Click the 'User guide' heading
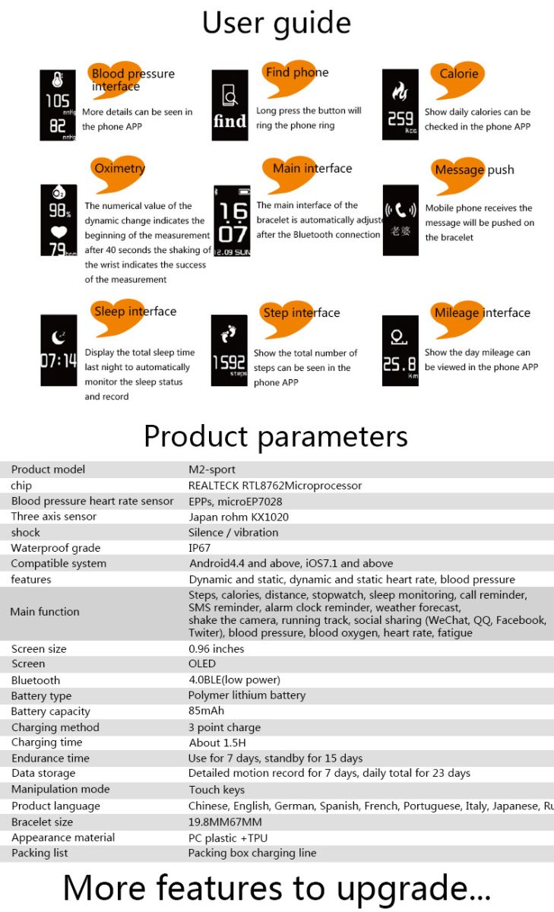point(276,23)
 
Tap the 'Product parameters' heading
point(276,436)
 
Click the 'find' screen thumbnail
point(230,105)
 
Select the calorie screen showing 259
point(400,105)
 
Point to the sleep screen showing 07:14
point(59,350)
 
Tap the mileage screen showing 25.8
point(400,350)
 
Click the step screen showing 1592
point(229,350)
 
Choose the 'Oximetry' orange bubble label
point(119,169)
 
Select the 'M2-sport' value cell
point(212,470)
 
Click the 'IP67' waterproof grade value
point(199,548)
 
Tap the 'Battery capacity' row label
point(50,711)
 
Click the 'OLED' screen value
point(202,663)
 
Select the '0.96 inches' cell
point(217,649)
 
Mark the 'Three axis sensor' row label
point(53,517)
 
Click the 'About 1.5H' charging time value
point(217,743)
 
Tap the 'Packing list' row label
point(40,853)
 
